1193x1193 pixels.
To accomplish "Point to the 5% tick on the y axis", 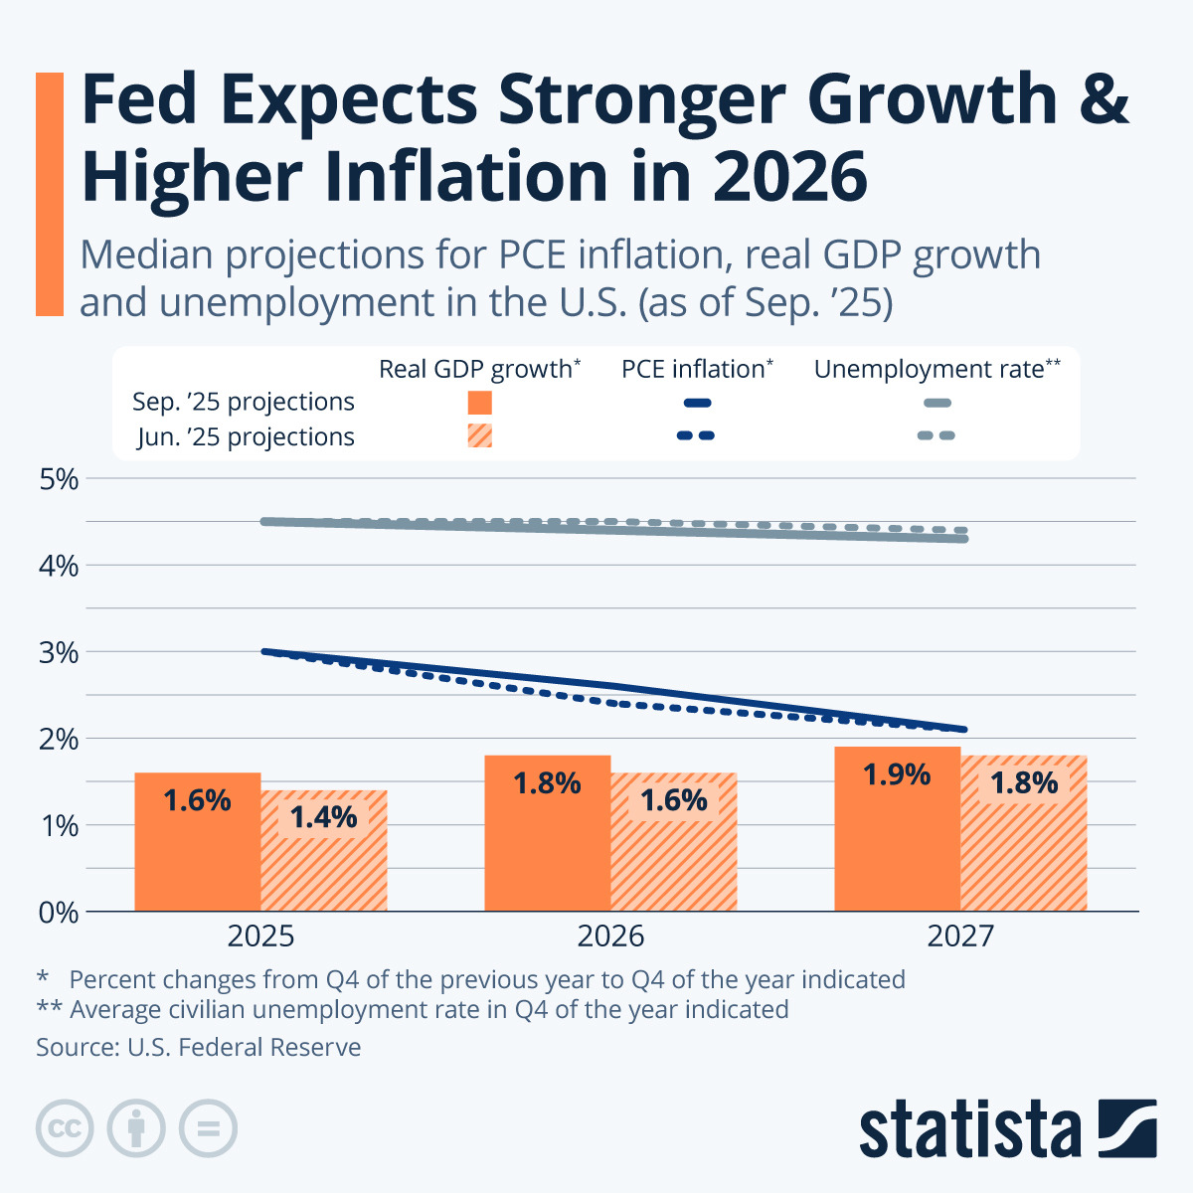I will coord(59,479).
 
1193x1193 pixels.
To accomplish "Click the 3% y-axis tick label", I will coord(59,653).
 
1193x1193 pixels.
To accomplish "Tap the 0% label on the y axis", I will coord(59,912).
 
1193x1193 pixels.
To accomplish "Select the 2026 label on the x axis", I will coord(610,937).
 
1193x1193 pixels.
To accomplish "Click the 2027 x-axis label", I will coord(960,937).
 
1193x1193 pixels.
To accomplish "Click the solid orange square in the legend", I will coord(480,403).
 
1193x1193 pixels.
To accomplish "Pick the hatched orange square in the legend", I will coord(480,435).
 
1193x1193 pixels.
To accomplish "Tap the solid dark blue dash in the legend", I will coord(697,403).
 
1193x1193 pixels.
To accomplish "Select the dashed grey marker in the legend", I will coord(936,435).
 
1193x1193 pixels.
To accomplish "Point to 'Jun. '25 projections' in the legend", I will coord(246,436).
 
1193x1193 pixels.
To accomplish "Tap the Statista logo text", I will coord(969,1130).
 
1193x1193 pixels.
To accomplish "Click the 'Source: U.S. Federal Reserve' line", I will coord(199,1047).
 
